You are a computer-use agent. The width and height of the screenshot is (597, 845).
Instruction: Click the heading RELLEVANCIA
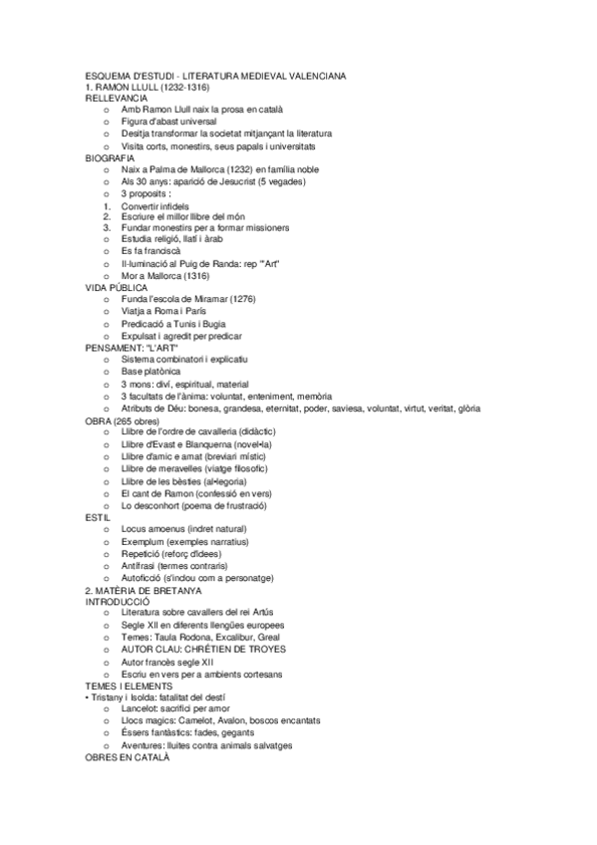click(x=117, y=99)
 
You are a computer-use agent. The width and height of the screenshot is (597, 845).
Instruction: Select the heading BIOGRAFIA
click(x=111, y=157)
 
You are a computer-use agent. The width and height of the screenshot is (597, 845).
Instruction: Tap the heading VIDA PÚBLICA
click(x=117, y=287)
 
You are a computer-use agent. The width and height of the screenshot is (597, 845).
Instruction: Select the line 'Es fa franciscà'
click(x=150, y=251)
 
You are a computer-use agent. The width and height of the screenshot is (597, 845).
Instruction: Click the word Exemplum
click(x=144, y=541)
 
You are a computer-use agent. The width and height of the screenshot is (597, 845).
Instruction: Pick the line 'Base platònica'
click(x=149, y=371)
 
